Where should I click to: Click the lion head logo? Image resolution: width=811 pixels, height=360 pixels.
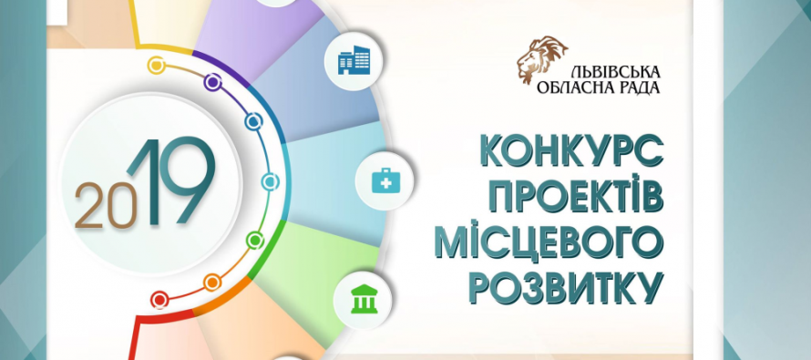click(x=540, y=58)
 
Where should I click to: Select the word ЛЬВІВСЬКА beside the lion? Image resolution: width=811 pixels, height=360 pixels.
click(x=615, y=71)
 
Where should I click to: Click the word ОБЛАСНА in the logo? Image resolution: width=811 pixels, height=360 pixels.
click(x=572, y=87)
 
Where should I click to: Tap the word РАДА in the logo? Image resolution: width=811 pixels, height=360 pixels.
click(x=637, y=87)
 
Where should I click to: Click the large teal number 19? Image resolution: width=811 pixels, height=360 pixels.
click(x=170, y=181)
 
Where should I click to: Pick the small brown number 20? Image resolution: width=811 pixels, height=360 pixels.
click(x=106, y=205)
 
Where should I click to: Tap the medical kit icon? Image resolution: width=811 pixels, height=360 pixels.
click(x=385, y=181)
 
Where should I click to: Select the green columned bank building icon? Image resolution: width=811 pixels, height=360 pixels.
click(x=363, y=299)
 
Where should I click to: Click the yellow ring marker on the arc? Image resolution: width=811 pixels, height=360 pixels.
click(x=156, y=66)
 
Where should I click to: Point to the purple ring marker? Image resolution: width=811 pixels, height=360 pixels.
click(x=212, y=82)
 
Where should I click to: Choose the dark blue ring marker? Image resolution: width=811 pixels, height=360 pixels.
click(x=253, y=121)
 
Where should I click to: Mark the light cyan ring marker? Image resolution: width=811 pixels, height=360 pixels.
click(x=270, y=181)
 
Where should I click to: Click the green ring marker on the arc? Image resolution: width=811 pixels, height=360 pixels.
click(x=254, y=240)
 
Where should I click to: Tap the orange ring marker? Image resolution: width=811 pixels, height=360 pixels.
click(x=212, y=283)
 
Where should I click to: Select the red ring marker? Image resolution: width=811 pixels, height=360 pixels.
click(x=159, y=300)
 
